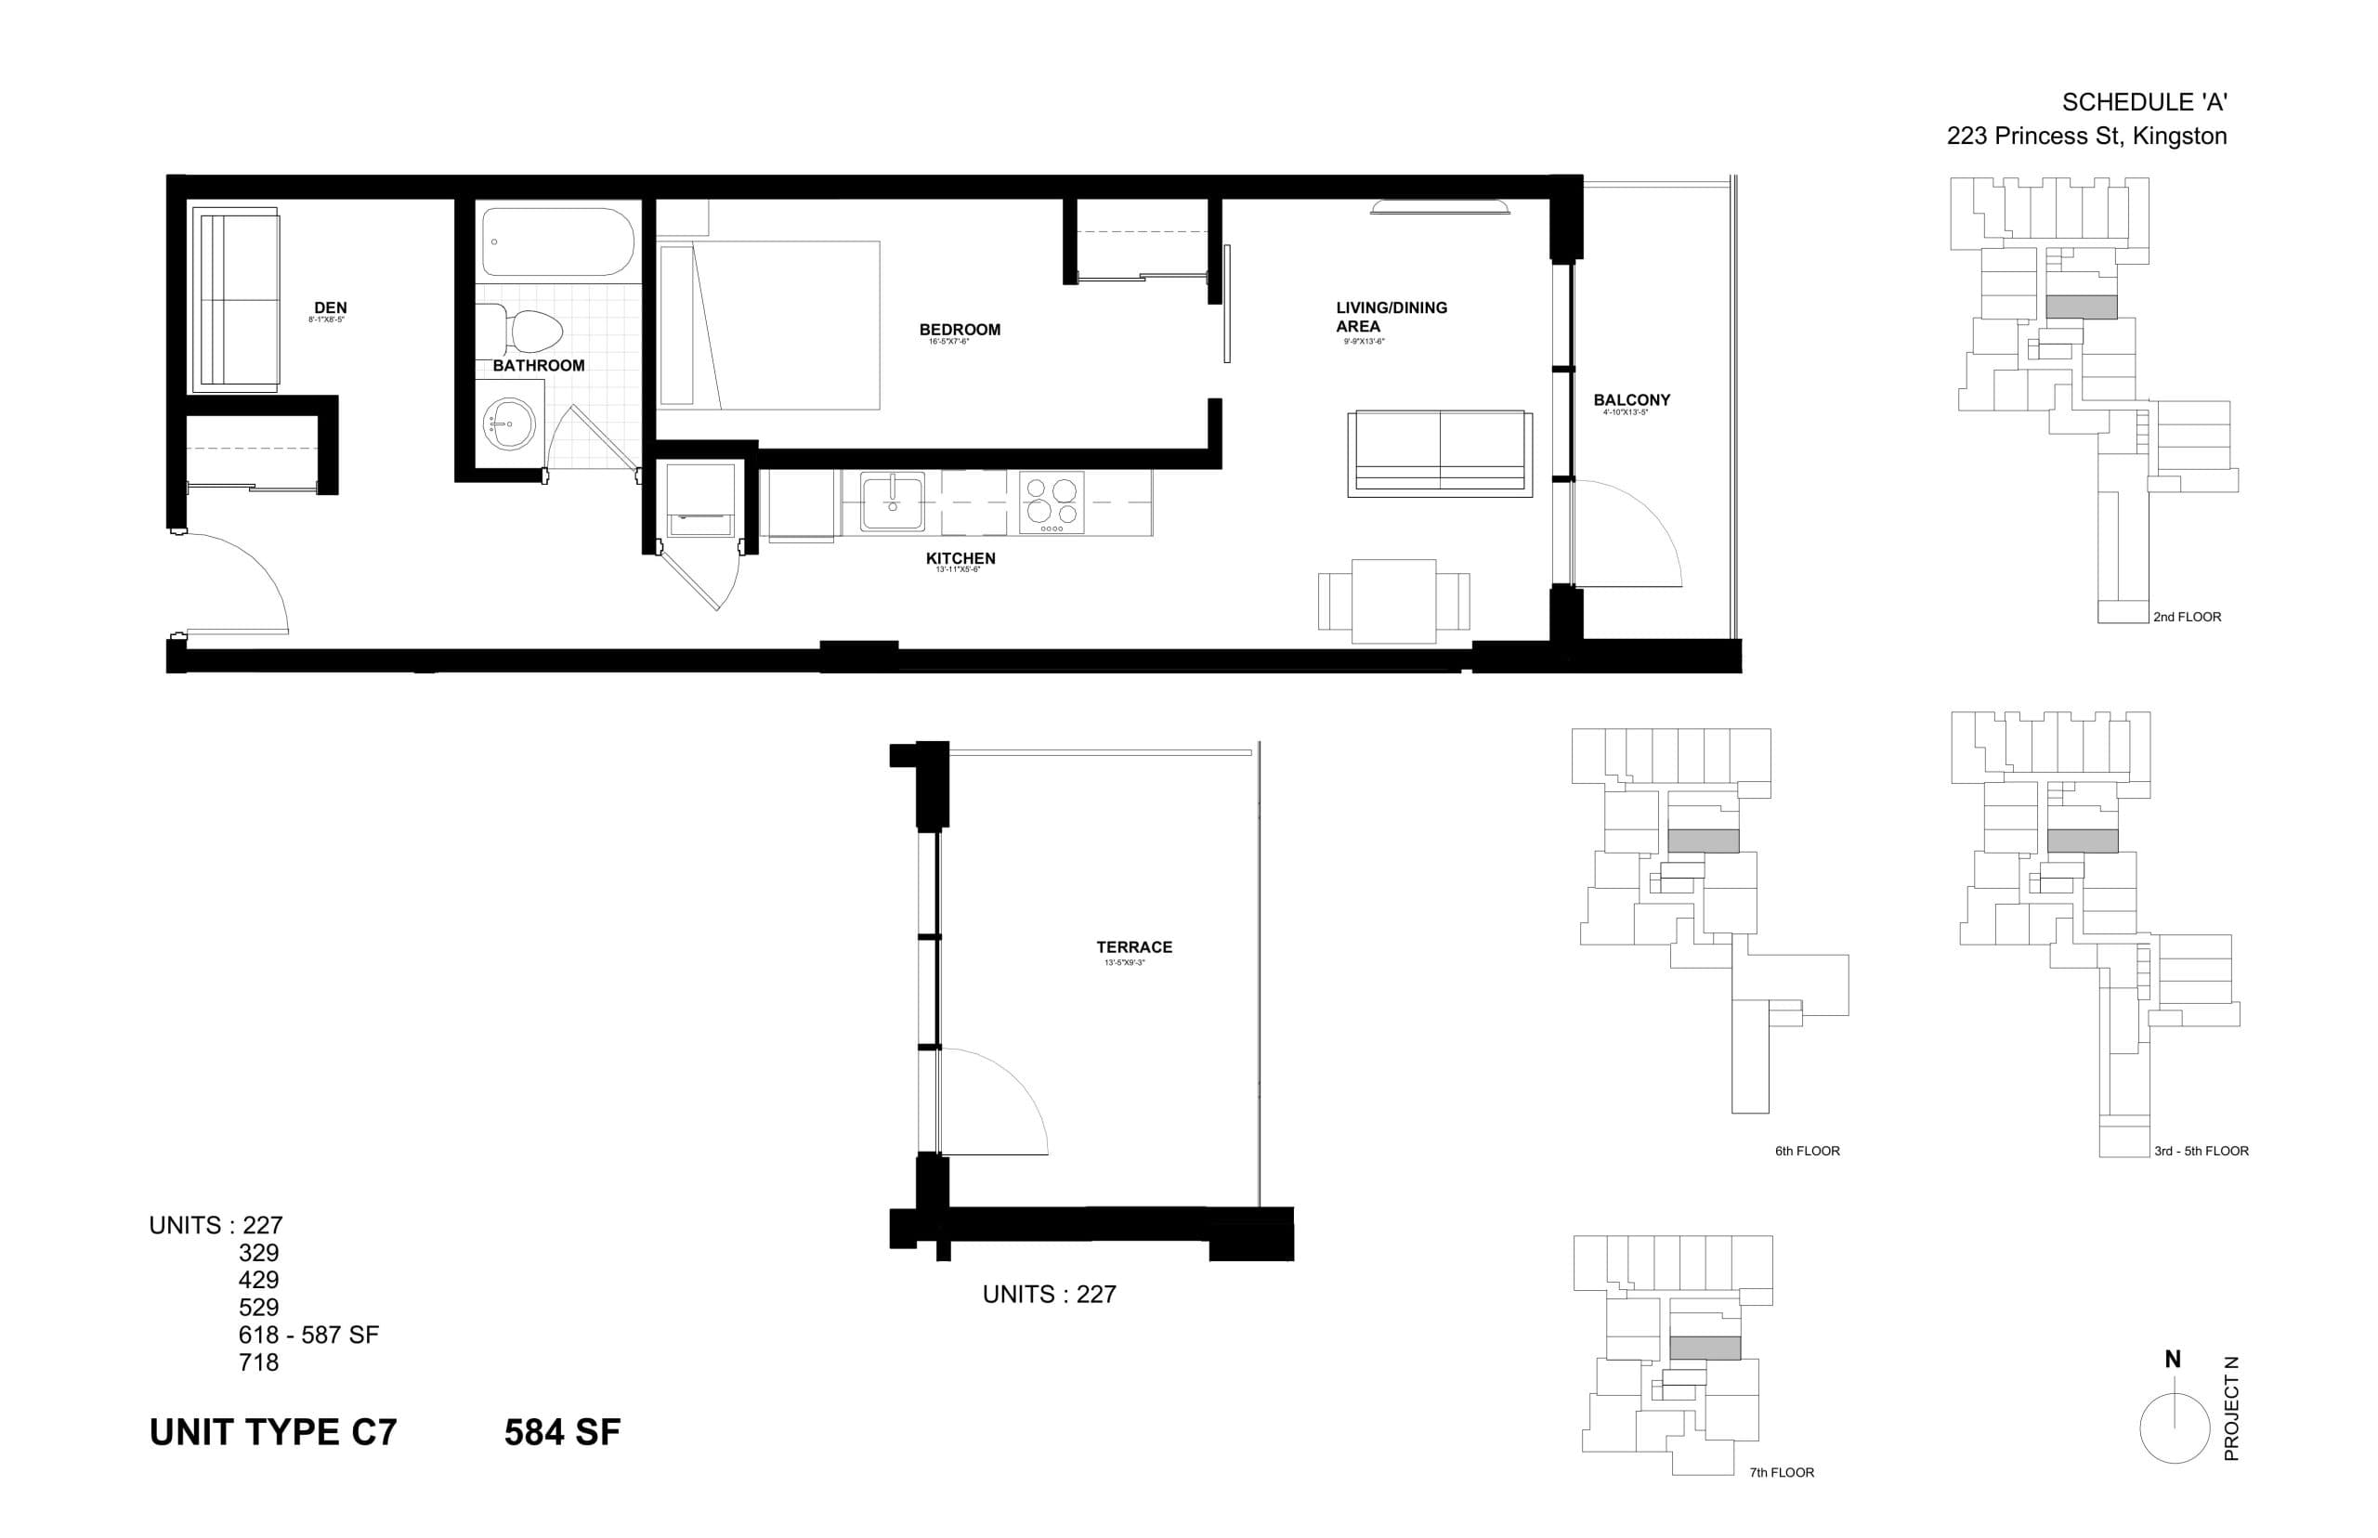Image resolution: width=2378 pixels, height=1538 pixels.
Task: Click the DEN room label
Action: (331, 307)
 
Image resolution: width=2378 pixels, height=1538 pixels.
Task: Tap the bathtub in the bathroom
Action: (556, 241)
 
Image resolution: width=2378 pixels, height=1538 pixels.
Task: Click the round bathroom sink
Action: (509, 424)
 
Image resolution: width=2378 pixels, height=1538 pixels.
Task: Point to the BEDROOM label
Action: (959, 330)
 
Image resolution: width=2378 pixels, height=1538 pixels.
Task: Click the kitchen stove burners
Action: (1052, 502)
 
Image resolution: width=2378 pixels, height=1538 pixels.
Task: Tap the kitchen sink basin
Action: (892, 502)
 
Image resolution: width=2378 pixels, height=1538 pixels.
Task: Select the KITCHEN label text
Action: (960, 558)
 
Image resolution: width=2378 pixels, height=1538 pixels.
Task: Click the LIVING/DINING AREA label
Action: (1391, 317)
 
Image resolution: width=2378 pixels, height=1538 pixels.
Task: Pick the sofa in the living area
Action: (1438, 452)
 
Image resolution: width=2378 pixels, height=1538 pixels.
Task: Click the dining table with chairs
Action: (1393, 600)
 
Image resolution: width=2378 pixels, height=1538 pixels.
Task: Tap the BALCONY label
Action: (1631, 399)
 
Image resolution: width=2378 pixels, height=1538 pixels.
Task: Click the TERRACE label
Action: (1133, 946)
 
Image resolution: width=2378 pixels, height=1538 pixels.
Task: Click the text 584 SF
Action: (561, 1432)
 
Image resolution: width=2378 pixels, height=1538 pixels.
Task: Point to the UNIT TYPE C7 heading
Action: (273, 1432)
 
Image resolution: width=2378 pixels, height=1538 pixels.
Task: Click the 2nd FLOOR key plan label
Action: (2187, 618)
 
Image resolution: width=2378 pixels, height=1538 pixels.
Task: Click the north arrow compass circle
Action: (2174, 1428)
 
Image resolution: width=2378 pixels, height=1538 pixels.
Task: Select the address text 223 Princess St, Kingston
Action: (2085, 137)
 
